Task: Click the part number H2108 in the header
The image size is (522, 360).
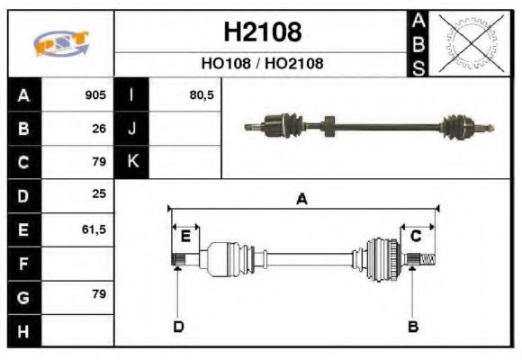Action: [261, 33]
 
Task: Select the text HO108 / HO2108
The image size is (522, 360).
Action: [261, 64]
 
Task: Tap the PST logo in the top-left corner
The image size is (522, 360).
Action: [60, 43]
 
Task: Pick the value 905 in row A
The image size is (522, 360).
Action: [95, 94]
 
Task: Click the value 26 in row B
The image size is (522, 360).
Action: [99, 129]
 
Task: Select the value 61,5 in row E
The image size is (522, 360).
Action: [94, 229]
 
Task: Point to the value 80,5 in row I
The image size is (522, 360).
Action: [202, 94]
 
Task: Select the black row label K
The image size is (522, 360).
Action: [131, 162]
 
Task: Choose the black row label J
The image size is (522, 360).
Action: [131, 129]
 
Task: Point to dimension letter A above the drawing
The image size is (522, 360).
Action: [302, 199]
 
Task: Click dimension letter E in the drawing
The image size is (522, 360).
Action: [185, 237]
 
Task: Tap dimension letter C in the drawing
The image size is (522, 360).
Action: [416, 236]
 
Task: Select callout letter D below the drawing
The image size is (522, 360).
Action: [178, 326]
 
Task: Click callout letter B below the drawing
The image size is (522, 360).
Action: [412, 326]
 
